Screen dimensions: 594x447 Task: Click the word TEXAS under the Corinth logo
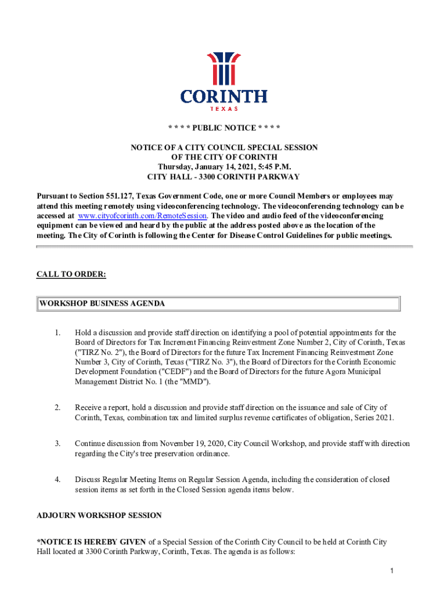point(223,108)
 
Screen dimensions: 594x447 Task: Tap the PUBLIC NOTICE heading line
point(224,128)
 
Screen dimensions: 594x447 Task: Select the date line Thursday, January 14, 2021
point(224,167)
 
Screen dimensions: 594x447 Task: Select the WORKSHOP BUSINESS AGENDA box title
point(102,303)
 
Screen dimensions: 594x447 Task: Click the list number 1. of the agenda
point(57,333)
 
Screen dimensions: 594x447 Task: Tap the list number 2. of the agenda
point(57,408)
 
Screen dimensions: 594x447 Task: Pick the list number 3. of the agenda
point(57,444)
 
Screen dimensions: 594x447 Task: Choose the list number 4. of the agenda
point(57,480)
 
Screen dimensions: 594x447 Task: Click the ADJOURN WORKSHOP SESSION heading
point(99,515)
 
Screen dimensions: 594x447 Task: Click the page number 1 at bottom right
point(392,572)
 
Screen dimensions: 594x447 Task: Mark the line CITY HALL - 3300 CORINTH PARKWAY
point(224,177)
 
